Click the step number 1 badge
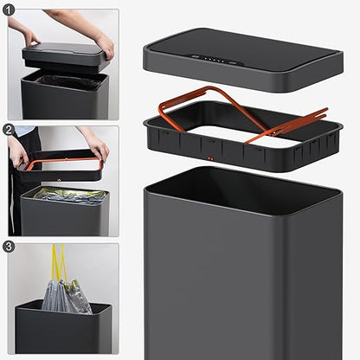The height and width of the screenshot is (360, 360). click(x=9, y=10)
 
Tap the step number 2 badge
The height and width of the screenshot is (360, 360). click(x=9, y=130)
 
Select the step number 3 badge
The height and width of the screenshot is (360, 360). click(x=9, y=247)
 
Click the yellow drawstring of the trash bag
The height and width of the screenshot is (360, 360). click(x=59, y=262)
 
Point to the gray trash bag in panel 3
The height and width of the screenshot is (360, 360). click(x=66, y=297)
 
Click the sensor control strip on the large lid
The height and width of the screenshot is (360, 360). click(x=211, y=60)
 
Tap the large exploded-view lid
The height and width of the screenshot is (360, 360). click(x=243, y=60)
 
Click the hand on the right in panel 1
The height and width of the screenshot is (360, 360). click(x=106, y=45)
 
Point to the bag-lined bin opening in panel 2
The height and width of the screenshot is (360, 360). click(x=66, y=194)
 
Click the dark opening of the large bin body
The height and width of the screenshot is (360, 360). click(x=244, y=191)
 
